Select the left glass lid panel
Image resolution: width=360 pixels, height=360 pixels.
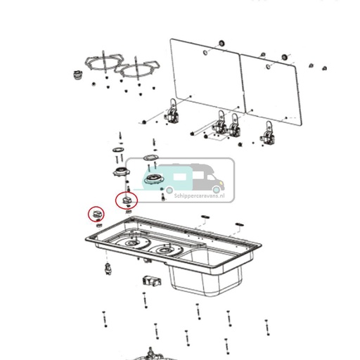206,78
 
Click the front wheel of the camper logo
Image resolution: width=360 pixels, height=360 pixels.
217,189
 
